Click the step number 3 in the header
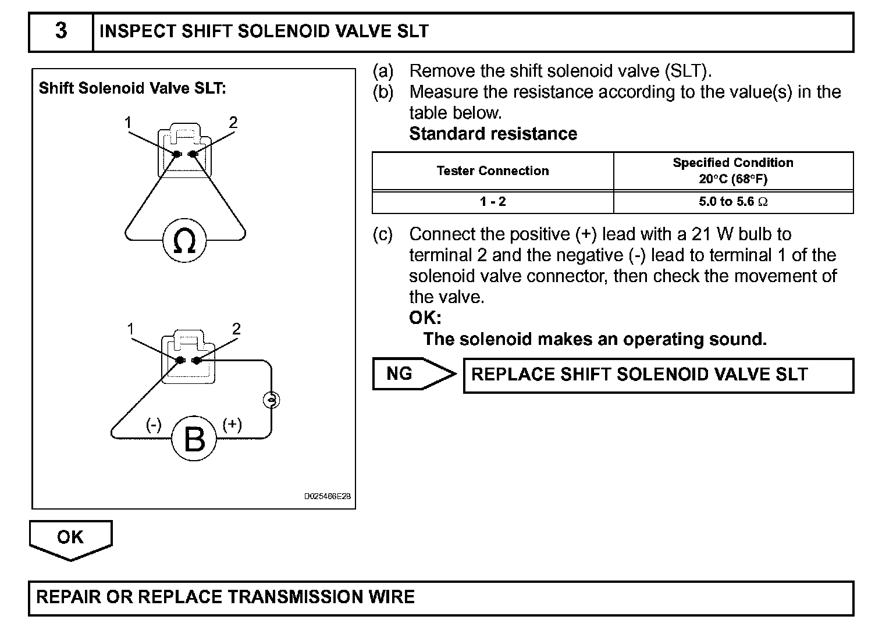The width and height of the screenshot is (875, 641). pos(61,31)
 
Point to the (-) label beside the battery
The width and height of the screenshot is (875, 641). pos(154,425)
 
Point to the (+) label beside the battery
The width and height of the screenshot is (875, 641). pos(232,424)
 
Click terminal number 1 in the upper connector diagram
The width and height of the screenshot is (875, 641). pos(128,123)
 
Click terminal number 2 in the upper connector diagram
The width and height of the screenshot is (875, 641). pos(233,123)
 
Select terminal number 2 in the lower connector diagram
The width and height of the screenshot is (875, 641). pos(236,329)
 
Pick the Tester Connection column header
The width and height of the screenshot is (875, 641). pos(493,171)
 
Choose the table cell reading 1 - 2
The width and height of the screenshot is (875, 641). pos(493,202)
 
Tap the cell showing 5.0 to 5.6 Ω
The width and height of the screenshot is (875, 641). pos(733,202)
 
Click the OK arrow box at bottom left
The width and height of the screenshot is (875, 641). pos(70,537)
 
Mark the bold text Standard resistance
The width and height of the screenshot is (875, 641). pos(493,134)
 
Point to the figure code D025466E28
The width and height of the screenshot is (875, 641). pos(328,497)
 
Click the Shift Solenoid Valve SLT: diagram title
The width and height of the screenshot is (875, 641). pos(133,88)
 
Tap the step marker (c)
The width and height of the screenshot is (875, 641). pos(383,234)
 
